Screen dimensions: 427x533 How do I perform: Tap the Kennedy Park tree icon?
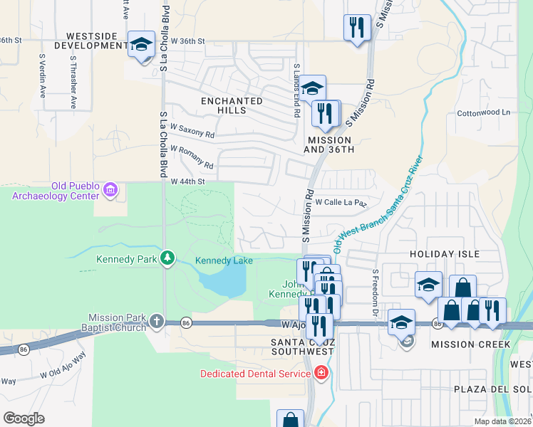pos(167,257)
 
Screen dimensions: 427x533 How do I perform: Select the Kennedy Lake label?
pos(224,260)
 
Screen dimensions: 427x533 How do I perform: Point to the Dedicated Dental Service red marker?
pos(321,373)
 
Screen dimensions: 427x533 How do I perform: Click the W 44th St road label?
pos(187,181)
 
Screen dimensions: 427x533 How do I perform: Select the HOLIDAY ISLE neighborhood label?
pos(444,253)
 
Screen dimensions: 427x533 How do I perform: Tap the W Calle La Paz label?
pos(341,203)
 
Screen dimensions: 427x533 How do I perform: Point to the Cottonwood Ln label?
pos(484,112)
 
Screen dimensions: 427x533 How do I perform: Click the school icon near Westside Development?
pos(141,44)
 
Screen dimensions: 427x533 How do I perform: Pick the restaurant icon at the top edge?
pos(355,28)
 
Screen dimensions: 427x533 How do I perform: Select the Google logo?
pos(24,418)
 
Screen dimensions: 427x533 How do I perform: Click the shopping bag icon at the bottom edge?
pos(289,421)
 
